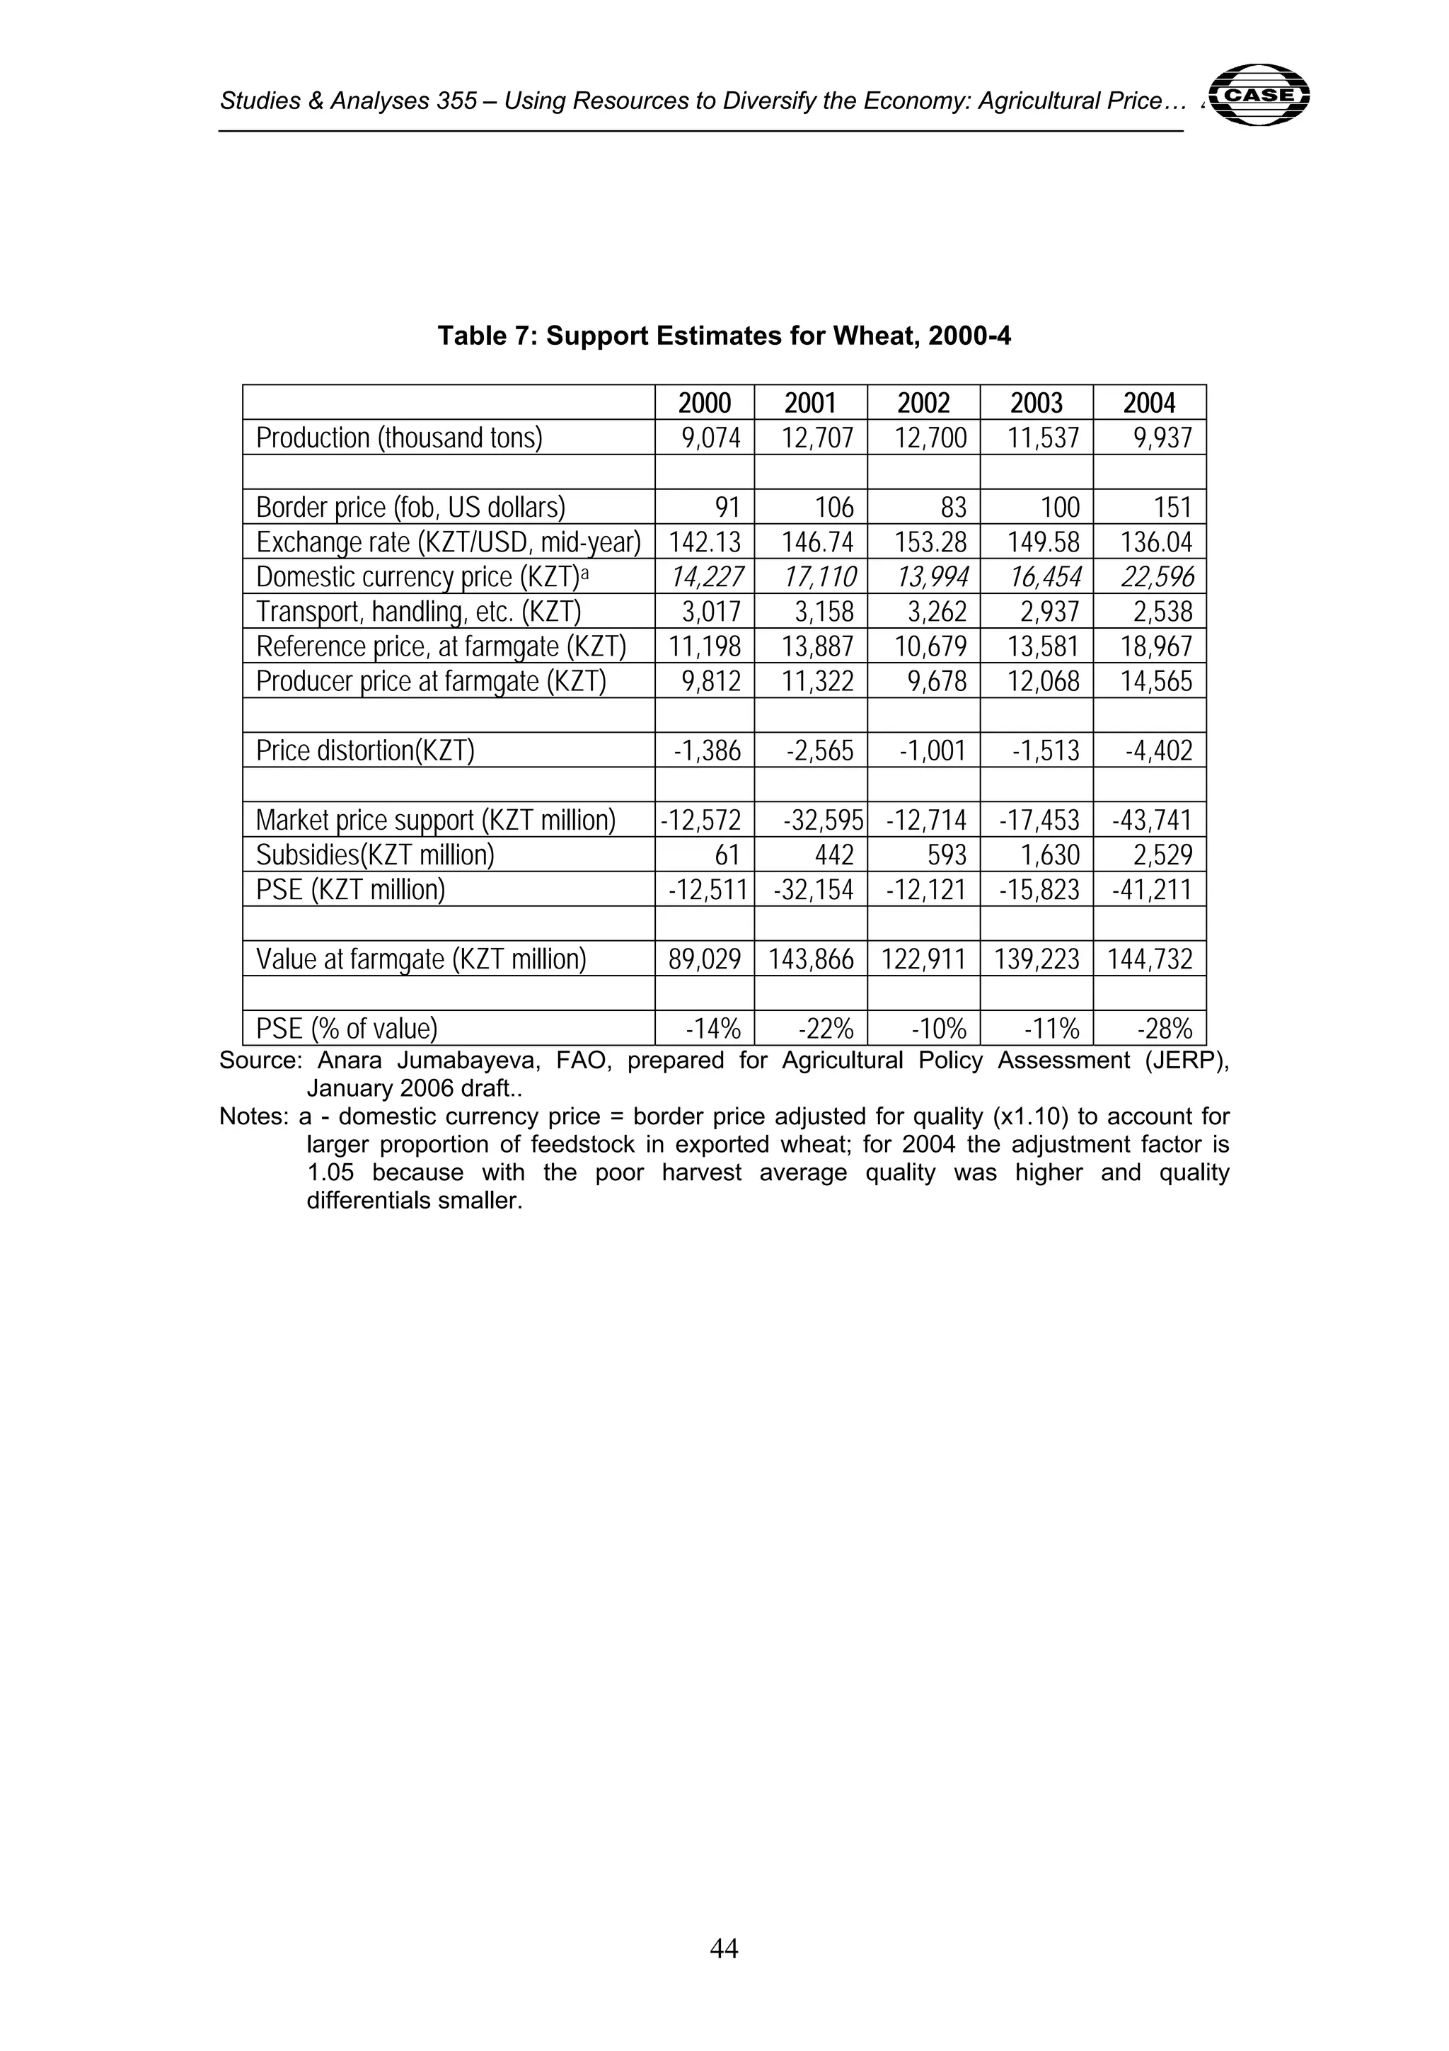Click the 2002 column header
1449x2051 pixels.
pos(923,403)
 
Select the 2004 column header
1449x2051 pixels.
pos(1149,403)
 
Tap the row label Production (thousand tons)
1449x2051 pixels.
pos(399,438)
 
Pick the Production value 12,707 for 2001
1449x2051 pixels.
pos(819,438)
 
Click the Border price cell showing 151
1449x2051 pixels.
pos(1172,508)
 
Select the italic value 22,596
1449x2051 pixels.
pos(1158,577)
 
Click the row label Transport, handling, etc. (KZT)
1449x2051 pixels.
pos(419,612)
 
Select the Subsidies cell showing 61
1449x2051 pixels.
pos(727,855)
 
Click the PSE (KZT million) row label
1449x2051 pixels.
pos(350,890)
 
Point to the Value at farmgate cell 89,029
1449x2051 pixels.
pos(705,959)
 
